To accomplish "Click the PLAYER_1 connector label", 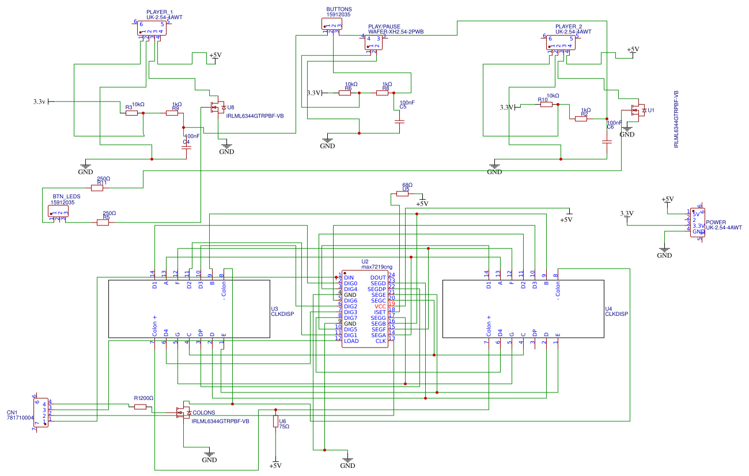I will pyautogui.click(x=159, y=12).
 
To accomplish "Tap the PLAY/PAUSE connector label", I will pyautogui.click(x=384, y=27).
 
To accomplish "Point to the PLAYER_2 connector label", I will pyautogui.click(x=569, y=27).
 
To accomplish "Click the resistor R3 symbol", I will pyautogui.click(x=132, y=114).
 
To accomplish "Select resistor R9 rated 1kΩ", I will pyautogui.click(x=172, y=114).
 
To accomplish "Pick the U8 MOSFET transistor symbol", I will pyautogui.click(x=218, y=108).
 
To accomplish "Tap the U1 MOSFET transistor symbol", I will pyautogui.click(x=638, y=110).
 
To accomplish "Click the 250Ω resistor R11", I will pyautogui.click(x=97, y=188).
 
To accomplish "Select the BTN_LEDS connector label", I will pyautogui.click(x=66, y=197).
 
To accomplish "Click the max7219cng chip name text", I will pyautogui.click(x=377, y=267).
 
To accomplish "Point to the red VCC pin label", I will pyautogui.click(x=380, y=307).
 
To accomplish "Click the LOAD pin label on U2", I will pyautogui.click(x=351, y=341).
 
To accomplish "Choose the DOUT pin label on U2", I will pyautogui.click(x=379, y=278).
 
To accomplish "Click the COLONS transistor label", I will pyautogui.click(x=204, y=413).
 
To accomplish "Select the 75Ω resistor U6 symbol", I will pyautogui.click(x=275, y=422).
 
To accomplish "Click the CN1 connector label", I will pyautogui.click(x=13, y=413).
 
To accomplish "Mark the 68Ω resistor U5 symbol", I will pyautogui.click(x=403, y=194).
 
